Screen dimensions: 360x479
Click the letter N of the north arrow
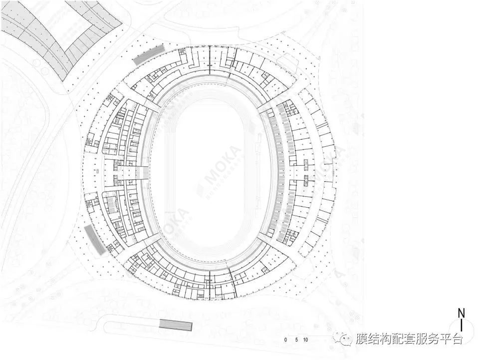462,313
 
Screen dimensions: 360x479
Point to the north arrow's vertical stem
462,325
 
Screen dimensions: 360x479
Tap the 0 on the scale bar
286,340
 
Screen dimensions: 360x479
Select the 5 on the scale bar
296,340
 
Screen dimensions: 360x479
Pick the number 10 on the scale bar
306,340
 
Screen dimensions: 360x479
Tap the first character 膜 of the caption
362,340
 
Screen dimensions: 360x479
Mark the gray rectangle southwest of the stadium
95,240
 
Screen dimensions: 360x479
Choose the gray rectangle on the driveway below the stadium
175,325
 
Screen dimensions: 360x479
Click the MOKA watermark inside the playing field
220,172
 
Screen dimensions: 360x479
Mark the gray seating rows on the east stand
280,172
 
